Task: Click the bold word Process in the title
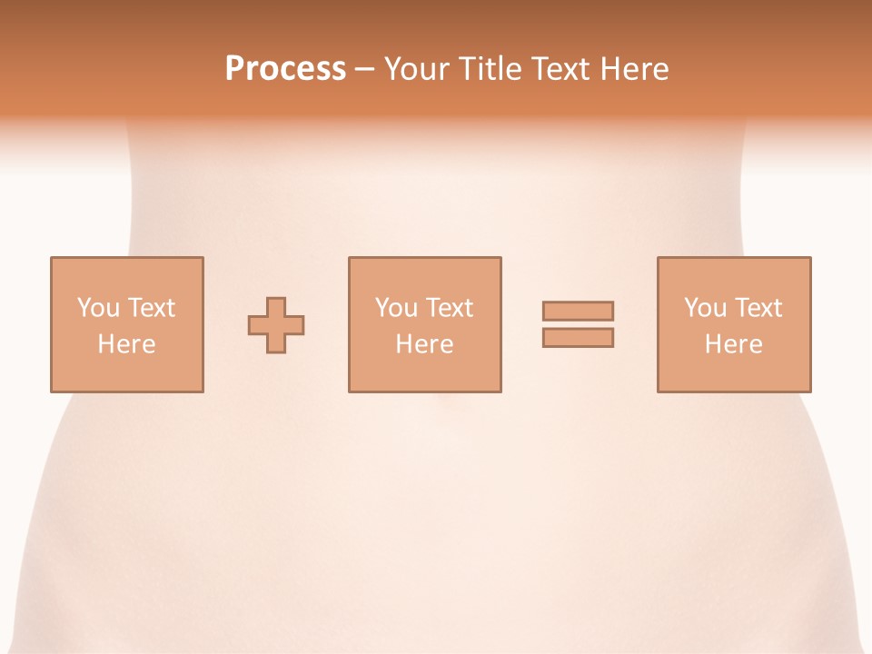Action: click(x=285, y=69)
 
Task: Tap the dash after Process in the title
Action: click(x=364, y=69)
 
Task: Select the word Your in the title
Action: click(x=413, y=69)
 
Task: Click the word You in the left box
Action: click(x=97, y=308)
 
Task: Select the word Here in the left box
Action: click(x=126, y=344)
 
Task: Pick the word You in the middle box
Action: click(x=395, y=308)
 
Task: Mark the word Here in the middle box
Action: click(x=424, y=344)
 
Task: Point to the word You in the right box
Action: click(x=704, y=308)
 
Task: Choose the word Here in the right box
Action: click(x=733, y=344)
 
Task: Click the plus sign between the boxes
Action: click(x=276, y=324)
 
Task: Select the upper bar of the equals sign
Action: click(x=578, y=311)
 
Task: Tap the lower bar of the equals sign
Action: click(x=578, y=338)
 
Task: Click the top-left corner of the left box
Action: click(x=52, y=258)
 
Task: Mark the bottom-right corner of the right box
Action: click(x=809, y=391)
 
